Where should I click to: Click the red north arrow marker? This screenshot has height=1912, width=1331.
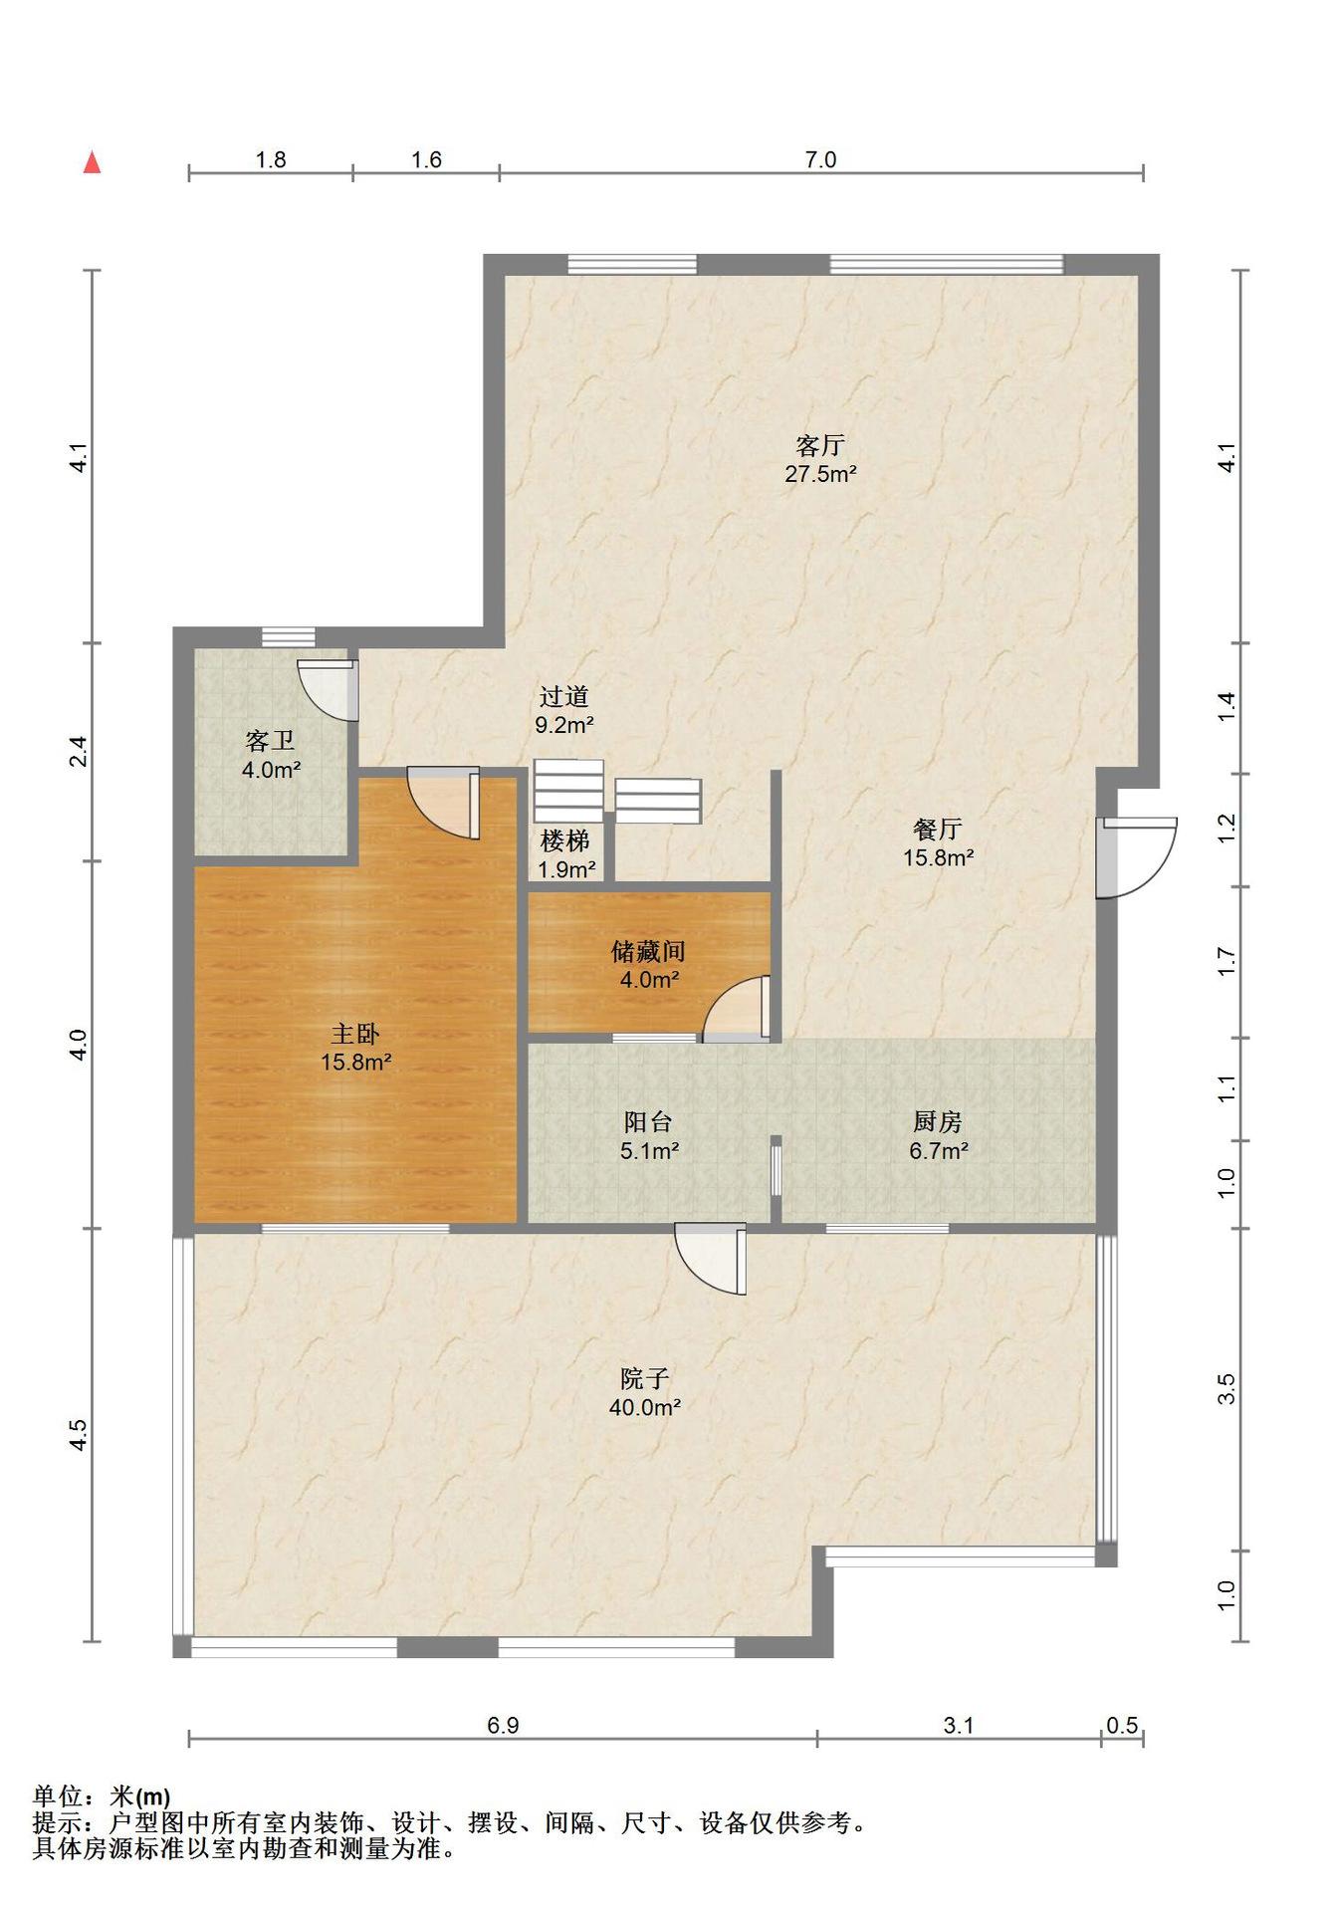coord(93,162)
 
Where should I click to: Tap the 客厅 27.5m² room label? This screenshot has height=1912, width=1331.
coord(820,459)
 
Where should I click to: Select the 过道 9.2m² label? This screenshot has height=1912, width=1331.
coord(564,710)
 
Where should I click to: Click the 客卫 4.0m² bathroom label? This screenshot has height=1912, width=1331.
coord(271,755)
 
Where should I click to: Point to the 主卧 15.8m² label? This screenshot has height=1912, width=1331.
coord(355,1048)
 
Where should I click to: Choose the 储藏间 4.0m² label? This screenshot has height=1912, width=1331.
coord(649,965)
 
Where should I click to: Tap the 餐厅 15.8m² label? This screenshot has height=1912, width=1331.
coord(938,842)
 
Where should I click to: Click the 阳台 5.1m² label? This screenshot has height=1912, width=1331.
coord(649,1136)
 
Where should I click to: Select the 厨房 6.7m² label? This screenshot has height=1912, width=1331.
coord(938,1136)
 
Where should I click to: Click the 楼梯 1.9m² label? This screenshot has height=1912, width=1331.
coord(566,854)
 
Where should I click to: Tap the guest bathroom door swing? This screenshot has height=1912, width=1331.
coord(328,689)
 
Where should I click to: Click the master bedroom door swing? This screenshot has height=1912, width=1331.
coord(444,802)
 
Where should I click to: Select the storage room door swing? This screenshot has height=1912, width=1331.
coord(738,1009)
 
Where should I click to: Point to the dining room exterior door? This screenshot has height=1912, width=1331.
coord(1137,858)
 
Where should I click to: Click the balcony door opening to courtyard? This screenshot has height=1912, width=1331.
coord(710,1259)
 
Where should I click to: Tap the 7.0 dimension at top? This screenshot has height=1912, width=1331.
coord(820,159)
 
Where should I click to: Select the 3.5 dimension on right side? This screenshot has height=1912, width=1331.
coord(1226,1388)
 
